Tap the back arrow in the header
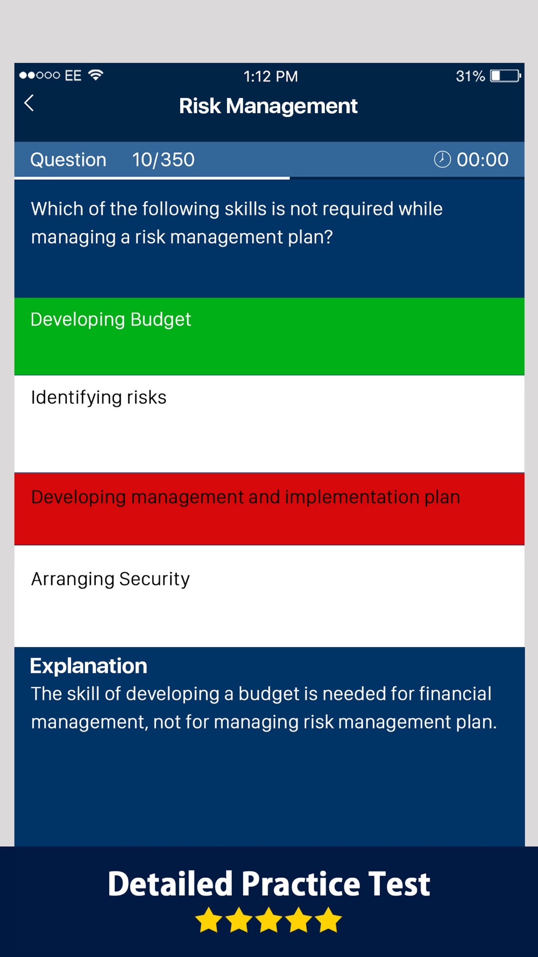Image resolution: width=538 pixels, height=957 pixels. [29, 103]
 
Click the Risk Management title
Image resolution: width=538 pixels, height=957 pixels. [268, 106]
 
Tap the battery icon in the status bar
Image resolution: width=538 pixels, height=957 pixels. [505, 76]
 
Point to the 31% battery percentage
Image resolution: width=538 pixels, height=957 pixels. [470, 76]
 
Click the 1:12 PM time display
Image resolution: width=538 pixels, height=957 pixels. [271, 76]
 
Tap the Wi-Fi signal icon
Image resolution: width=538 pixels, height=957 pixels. [96, 75]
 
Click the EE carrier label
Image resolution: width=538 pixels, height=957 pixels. [73, 75]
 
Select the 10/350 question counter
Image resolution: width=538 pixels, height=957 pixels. [164, 160]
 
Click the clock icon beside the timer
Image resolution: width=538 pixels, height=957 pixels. [442, 159]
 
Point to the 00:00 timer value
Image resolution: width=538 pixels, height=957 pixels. [483, 160]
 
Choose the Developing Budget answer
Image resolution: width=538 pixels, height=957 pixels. [270, 336]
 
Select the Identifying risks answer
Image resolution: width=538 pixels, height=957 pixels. [270, 424]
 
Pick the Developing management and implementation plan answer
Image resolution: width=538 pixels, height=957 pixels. [270, 509]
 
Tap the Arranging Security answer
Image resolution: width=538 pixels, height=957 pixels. [270, 596]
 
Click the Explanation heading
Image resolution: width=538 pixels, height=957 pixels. [89, 666]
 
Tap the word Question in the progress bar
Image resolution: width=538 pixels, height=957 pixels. [68, 160]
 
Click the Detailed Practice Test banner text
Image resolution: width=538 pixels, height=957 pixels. [269, 884]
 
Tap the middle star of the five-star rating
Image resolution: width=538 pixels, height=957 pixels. [268, 920]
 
